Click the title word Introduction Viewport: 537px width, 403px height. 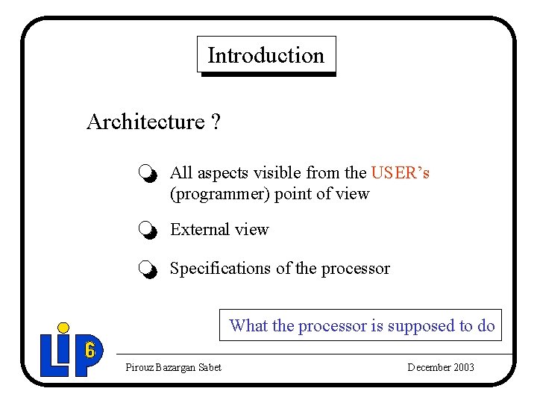click(x=266, y=56)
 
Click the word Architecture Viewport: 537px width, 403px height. click(x=145, y=122)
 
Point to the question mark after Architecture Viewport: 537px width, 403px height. click(x=216, y=122)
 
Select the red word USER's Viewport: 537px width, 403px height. click(x=401, y=173)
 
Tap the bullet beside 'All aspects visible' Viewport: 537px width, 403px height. click(x=148, y=175)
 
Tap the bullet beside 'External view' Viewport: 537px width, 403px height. click(x=148, y=231)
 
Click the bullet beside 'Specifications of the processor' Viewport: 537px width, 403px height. click(x=148, y=269)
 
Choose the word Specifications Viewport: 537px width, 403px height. click(x=221, y=269)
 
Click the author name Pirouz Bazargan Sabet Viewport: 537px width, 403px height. click(x=173, y=367)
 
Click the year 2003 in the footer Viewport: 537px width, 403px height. click(x=464, y=367)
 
